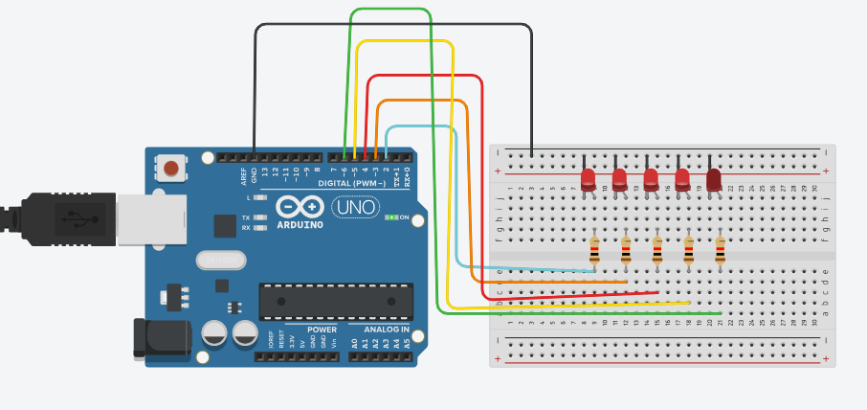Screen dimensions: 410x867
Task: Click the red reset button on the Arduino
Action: (x=171, y=169)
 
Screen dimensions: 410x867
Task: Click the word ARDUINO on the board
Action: (x=300, y=225)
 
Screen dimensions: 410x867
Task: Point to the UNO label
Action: (x=355, y=206)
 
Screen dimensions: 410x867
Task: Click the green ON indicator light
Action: (x=390, y=217)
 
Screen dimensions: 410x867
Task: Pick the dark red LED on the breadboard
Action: (x=714, y=178)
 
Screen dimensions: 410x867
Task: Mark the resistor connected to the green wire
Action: (x=720, y=251)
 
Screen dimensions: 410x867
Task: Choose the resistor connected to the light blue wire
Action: (x=594, y=251)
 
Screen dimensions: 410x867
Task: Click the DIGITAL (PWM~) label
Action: (x=352, y=182)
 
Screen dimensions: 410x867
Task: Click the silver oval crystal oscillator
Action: (x=219, y=259)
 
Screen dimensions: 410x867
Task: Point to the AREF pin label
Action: (x=244, y=175)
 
